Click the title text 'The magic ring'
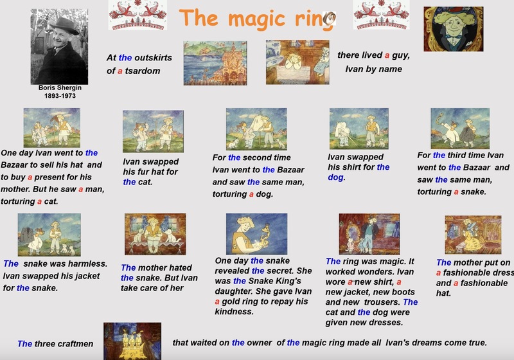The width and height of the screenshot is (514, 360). pyautogui.click(x=258, y=19)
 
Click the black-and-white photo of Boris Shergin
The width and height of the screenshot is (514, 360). pyautogui.click(x=59, y=46)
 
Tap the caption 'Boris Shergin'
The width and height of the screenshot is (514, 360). pyautogui.click(x=60, y=87)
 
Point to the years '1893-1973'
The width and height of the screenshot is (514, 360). pyautogui.click(x=60, y=96)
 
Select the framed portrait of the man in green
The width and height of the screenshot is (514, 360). pyautogui.click(x=454, y=29)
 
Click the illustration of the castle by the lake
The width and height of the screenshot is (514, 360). pyautogui.click(x=215, y=63)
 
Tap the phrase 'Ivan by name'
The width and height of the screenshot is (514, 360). pyautogui.click(x=373, y=69)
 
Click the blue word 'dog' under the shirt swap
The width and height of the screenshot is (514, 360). pyautogui.click(x=335, y=177)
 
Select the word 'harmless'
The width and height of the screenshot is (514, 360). pyautogui.click(x=84, y=264)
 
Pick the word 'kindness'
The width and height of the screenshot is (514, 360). pyautogui.click(x=234, y=312)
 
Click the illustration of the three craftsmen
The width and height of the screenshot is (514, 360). pyautogui.click(x=132, y=341)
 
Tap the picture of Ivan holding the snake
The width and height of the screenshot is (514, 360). pyautogui.click(x=256, y=234)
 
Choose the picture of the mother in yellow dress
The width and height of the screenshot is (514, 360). pyautogui.click(x=473, y=235)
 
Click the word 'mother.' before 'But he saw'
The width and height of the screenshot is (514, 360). pyautogui.click(x=15, y=189)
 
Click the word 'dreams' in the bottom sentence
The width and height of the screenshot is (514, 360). pyautogui.click(x=424, y=343)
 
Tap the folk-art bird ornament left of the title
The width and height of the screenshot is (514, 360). pyautogui.click(x=137, y=15)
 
